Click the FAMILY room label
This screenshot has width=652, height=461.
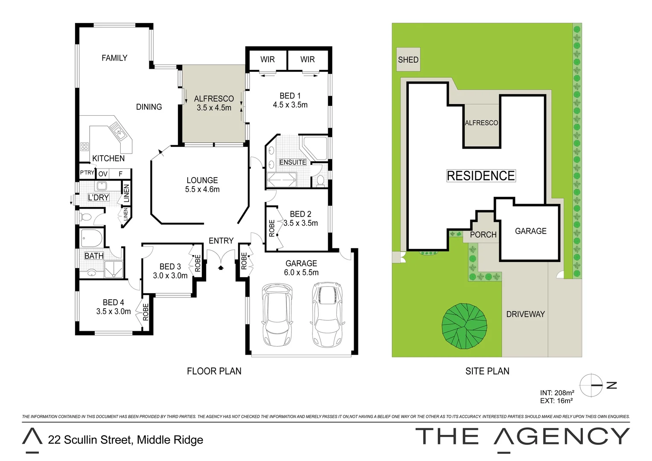pos(114,58)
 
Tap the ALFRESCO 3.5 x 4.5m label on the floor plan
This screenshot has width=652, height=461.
pos(214,103)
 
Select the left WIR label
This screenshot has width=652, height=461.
pos(268,60)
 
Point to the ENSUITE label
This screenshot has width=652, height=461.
pos(293,162)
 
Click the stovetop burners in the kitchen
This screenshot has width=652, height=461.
pos(84,147)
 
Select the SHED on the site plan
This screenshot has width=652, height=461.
pos(408,60)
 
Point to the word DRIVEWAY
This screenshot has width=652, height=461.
pos(525,314)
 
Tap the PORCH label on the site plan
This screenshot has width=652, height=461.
pos(483,235)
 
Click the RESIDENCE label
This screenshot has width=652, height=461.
pos(481,176)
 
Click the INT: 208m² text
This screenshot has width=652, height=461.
pos(557,393)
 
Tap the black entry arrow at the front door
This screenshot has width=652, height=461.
pos(221,268)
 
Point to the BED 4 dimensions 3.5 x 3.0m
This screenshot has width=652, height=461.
pos(114,312)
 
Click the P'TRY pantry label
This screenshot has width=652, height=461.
pos(87,173)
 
